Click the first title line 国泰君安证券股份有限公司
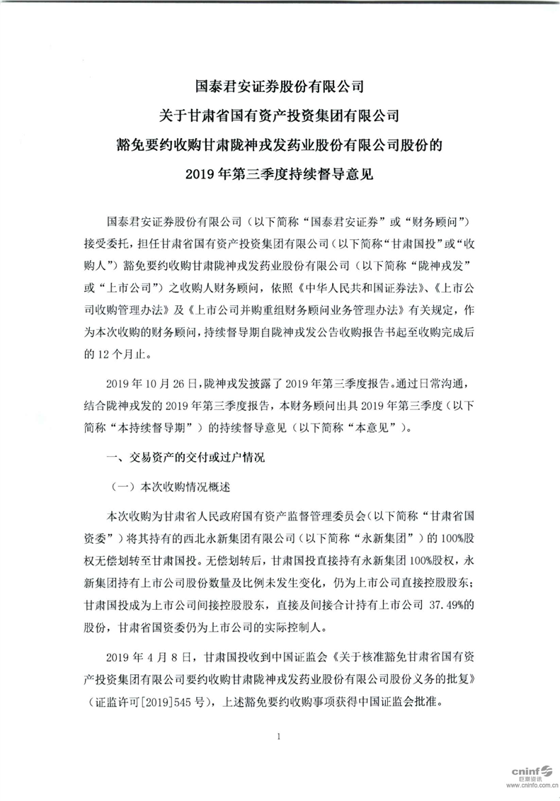coord(280,88)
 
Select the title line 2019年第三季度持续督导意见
coord(280,173)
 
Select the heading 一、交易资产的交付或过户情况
coord(185,458)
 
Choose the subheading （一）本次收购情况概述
coord(170,488)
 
